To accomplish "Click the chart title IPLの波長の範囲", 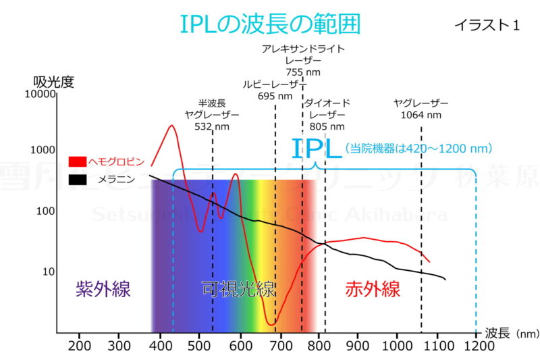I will [x=270, y=24].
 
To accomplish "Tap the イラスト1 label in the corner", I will [x=487, y=26].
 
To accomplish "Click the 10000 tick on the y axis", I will [x=38, y=95].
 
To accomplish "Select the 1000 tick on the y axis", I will [x=42, y=150].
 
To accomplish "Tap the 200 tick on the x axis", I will [x=80, y=345].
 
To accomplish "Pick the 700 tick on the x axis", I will [x=279, y=345].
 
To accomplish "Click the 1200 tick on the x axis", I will [x=478, y=345].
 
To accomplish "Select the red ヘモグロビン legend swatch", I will [x=78, y=161].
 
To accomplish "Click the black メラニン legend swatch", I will [x=78, y=180].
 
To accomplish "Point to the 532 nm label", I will [x=212, y=126].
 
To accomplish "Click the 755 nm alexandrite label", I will [x=303, y=72].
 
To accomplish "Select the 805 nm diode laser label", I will [x=327, y=126].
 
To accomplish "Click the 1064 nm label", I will [x=421, y=115].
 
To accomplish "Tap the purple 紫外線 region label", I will [x=103, y=290].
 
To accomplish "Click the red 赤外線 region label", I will [x=373, y=290].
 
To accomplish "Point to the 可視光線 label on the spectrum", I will [x=239, y=290].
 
